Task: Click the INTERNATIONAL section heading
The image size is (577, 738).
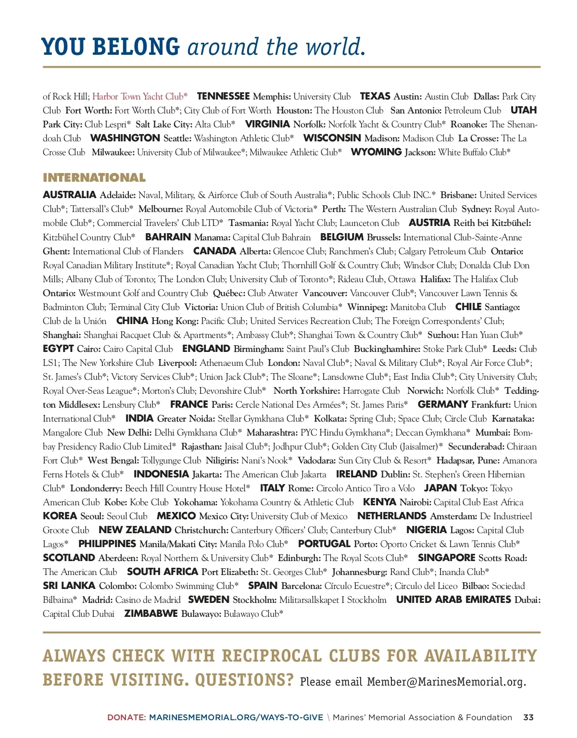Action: pyautogui.click(x=94, y=178)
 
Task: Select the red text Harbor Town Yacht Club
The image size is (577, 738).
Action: pyautogui.click(x=140, y=97)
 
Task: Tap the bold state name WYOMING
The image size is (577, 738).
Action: pyautogui.click(x=376, y=152)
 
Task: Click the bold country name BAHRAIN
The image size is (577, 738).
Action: pyautogui.click(x=168, y=237)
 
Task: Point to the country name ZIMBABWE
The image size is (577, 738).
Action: pyautogui.click(x=151, y=614)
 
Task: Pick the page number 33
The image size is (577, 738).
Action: pyautogui.click(x=528, y=717)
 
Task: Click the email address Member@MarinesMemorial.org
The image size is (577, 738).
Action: pyautogui.click(x=446, y=682)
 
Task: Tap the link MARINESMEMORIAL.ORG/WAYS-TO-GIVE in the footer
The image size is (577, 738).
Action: pyautogui.click(x=236, y=717)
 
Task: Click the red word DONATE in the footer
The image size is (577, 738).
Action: pyautogui.click(x=126, y=717)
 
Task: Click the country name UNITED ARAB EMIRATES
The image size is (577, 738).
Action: pyautogui.click(x=453, y=600)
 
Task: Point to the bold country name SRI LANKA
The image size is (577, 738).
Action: pyautogui.click(x=69, y=586)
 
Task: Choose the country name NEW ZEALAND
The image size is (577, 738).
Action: pyautogui.click(x=135, y=530)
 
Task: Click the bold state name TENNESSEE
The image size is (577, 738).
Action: pyautogui.click(x=223, y=97)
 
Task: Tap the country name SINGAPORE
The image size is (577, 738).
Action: pyautogui.click(x=446, y=558)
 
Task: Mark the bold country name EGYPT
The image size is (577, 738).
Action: pyautogui.click(x=58, y=349)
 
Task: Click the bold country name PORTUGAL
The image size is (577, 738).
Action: pyautogui.click(x=324, y=544)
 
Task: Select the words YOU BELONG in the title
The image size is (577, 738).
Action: pyautogui.click(x=111, y=47)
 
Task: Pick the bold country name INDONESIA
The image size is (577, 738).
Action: pyautogui.click(x=161, y=475)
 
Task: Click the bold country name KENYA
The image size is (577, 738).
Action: pyautogui.click(x=379, y=502)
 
